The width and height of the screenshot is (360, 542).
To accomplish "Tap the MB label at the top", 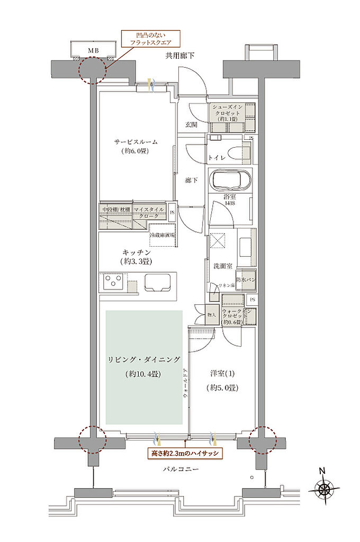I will coord(93,51).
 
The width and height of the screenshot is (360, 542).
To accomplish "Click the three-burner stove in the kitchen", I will coord(113,281).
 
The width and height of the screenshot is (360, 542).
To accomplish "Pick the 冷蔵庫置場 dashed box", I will coord(163,236).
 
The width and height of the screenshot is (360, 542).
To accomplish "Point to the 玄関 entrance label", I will coord(191,125).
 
